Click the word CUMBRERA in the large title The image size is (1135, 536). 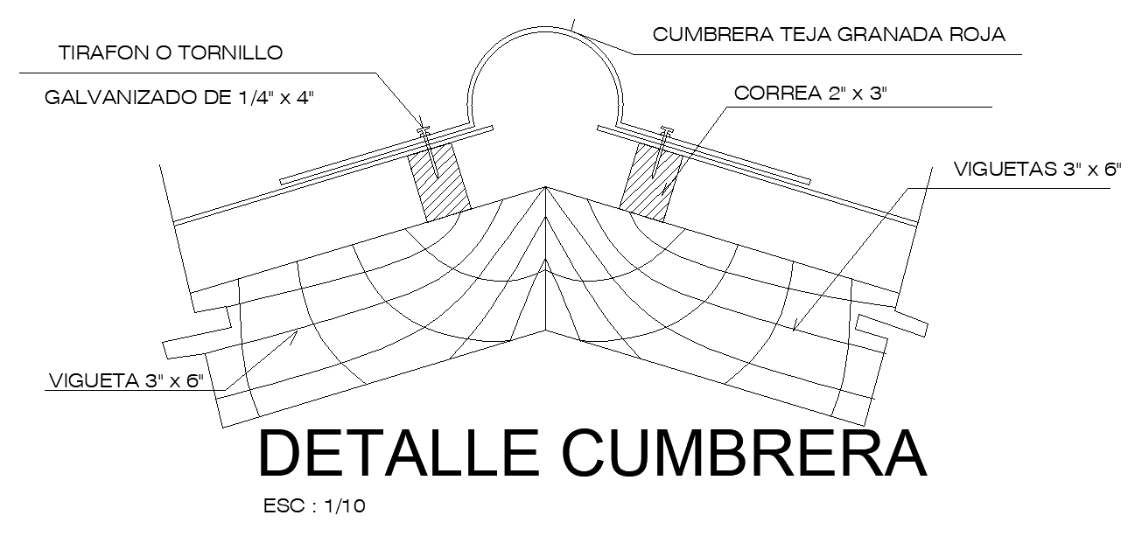pyautogui.click(x=743, y=454)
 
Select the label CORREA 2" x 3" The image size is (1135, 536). pyautogui.click(x=811, y=94)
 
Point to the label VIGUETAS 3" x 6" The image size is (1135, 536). pyautogui.click(x=1037, y=170)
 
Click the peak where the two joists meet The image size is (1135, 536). pyautogui.click(x=545, y=187)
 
